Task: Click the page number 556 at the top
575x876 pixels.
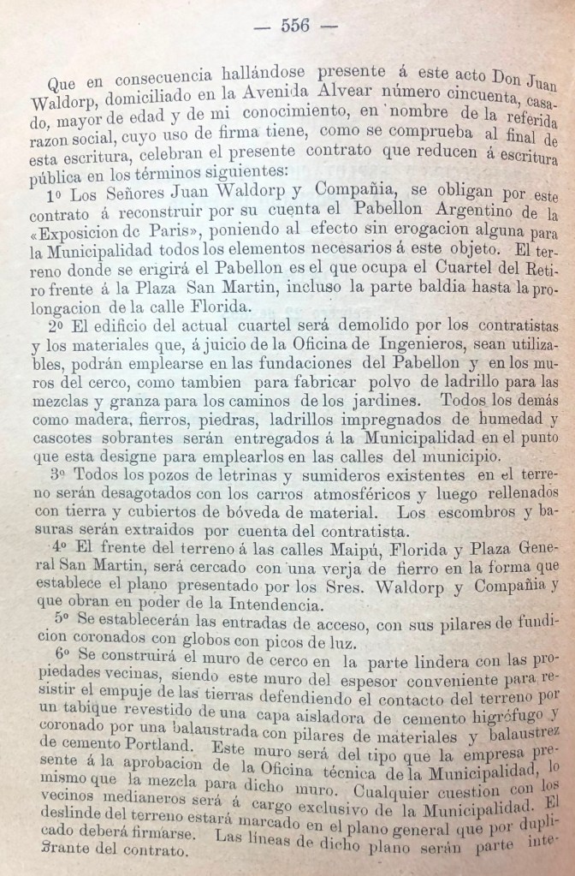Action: [295, 26]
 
